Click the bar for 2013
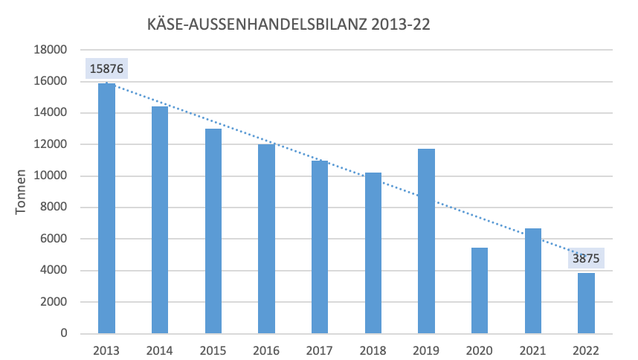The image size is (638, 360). (x=107, y=208)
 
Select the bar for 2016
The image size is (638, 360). (x=266, y=239)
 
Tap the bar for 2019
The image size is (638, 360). (x=426, y=241)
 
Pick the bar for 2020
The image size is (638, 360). (x=480, y=290)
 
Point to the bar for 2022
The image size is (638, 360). (x=586, y=303)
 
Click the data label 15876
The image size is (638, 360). (x=106, y=69)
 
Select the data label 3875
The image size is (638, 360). (x=586, y=259)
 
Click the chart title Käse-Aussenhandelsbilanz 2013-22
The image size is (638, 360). (x=290, y=25)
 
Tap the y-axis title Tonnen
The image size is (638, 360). (x=22, y=192)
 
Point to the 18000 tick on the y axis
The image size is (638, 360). (x=51, y=50)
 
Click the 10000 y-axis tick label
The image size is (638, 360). (x=51, y=176)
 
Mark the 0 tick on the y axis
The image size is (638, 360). (x=64, y=334)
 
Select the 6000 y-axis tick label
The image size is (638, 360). (x=54, y=240)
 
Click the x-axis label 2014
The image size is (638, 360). (x=160, y=349)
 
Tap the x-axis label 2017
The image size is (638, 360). (x=320, y=349)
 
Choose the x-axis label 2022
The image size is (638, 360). (x=586, y=349)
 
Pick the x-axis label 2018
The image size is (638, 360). (x=373, y=349)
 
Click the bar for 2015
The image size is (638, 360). (x=213, y=231)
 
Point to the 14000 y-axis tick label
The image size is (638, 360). (x=51, y=113)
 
